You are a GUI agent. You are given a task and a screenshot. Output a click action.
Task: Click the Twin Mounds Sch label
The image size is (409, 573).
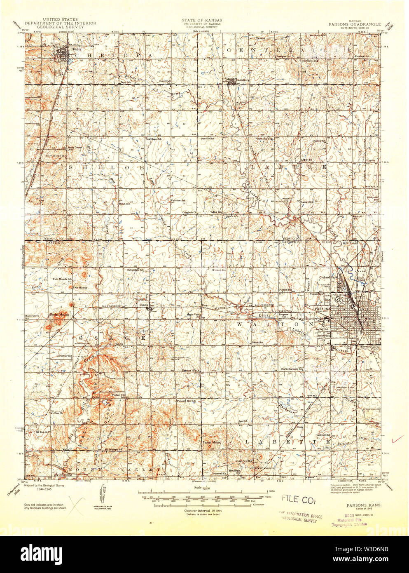pos(62,279)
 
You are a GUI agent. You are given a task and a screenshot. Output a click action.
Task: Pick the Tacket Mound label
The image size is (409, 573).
pos(212,443)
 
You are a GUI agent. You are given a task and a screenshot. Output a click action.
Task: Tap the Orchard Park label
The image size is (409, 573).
pos(328,277)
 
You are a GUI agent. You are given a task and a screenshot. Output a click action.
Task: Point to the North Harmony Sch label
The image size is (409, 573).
pos(292,369)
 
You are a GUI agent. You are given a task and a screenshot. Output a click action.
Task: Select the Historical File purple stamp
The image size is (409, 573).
pos(350,521)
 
